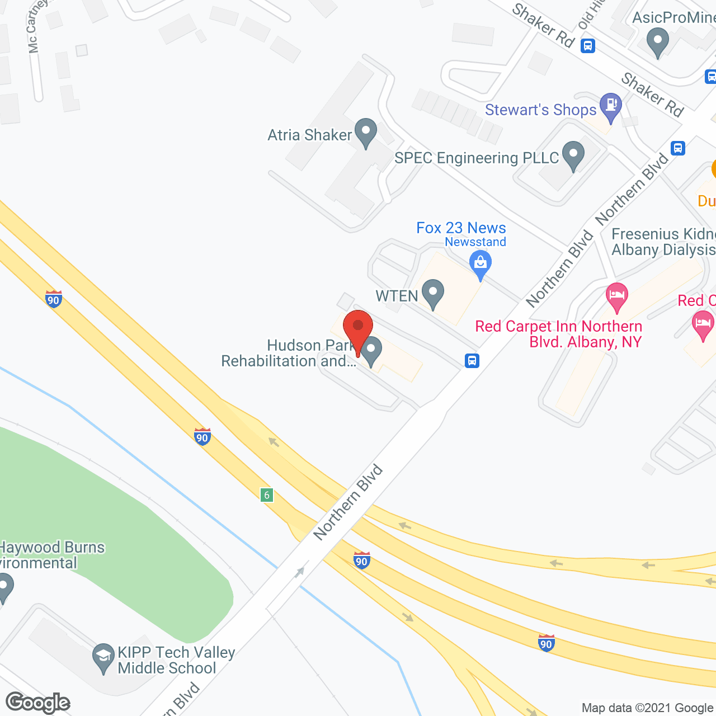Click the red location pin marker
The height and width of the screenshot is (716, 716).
click(358, 330)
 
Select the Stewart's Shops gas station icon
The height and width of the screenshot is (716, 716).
click(610, 106)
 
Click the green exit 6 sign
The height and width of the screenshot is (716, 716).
click(267, 494)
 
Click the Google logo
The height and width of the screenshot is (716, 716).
click(37, 703)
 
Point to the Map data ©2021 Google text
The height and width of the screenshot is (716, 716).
click(648, 708)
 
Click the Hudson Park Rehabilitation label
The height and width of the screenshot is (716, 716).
click(289, 354)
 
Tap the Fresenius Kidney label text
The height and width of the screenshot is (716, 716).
click(663, 242)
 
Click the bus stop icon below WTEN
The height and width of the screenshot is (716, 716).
click(472, 360)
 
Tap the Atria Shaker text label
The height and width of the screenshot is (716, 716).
click(309, 135)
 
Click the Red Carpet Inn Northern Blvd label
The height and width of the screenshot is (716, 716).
click(558, 334)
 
